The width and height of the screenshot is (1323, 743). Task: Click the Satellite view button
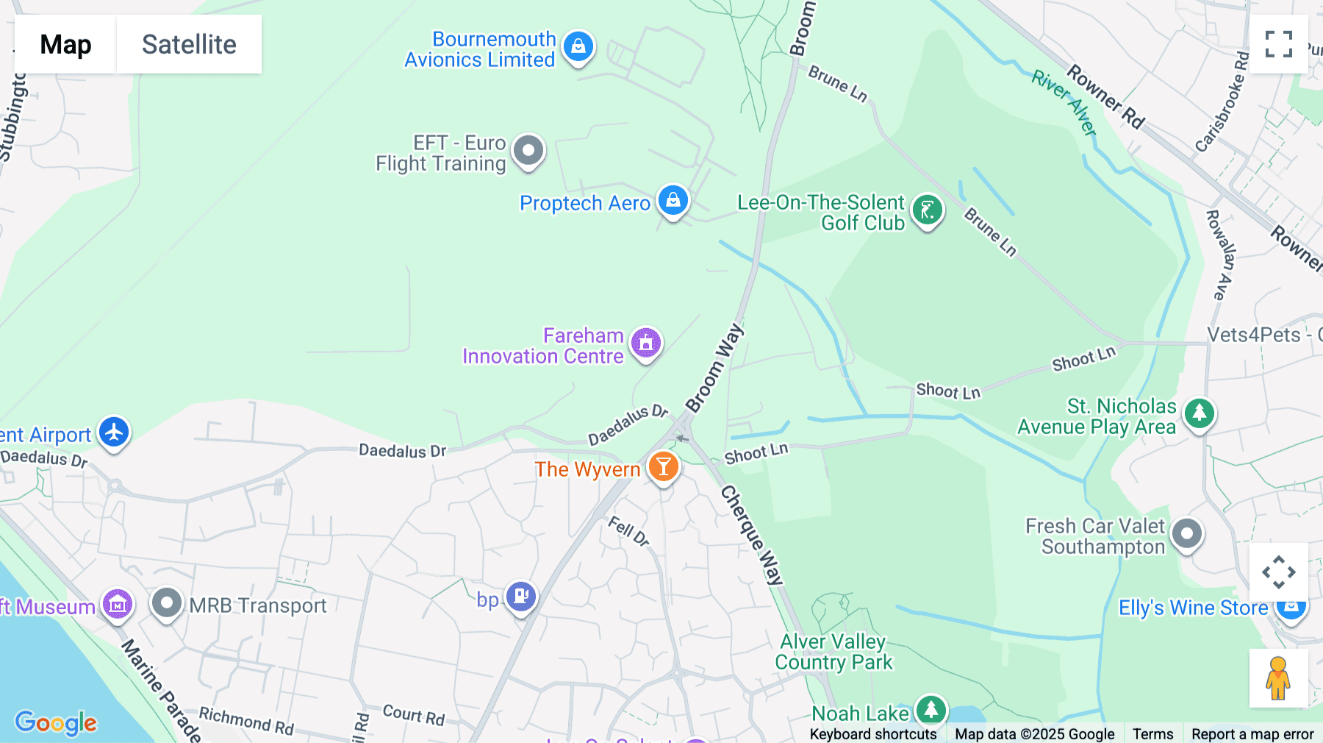tap(189, 44)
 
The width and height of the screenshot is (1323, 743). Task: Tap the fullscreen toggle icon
tap(1278, 44)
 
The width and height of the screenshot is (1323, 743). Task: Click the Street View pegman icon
tap(1277, 678)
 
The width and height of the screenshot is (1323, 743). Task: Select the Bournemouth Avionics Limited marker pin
tap(578, 47)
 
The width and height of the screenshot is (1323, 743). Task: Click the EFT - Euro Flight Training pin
tap(528, 152)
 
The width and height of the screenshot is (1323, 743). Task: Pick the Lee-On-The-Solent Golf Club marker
tap(927, 211)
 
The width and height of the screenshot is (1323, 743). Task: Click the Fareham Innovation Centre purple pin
tap(646, 344)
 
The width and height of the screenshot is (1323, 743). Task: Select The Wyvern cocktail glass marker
tap(663, 467)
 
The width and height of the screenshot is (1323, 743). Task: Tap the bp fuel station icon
tap(521, 597)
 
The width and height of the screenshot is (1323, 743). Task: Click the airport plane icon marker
tap(114, 433)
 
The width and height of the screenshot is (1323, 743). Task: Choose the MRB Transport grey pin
tap(167, 604)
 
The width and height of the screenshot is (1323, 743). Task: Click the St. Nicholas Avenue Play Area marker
tap(1200, 414)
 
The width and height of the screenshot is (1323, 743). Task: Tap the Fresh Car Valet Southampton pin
tap(1186, 534)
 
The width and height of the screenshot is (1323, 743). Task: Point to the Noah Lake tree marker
tap(931, 710)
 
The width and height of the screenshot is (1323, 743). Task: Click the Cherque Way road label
tap(751, 535)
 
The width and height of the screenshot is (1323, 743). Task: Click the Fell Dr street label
tap(628, 531)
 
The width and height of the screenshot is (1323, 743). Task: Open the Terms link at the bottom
tap(1152, 734)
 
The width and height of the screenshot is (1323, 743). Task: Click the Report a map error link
tap(1252, 734)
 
